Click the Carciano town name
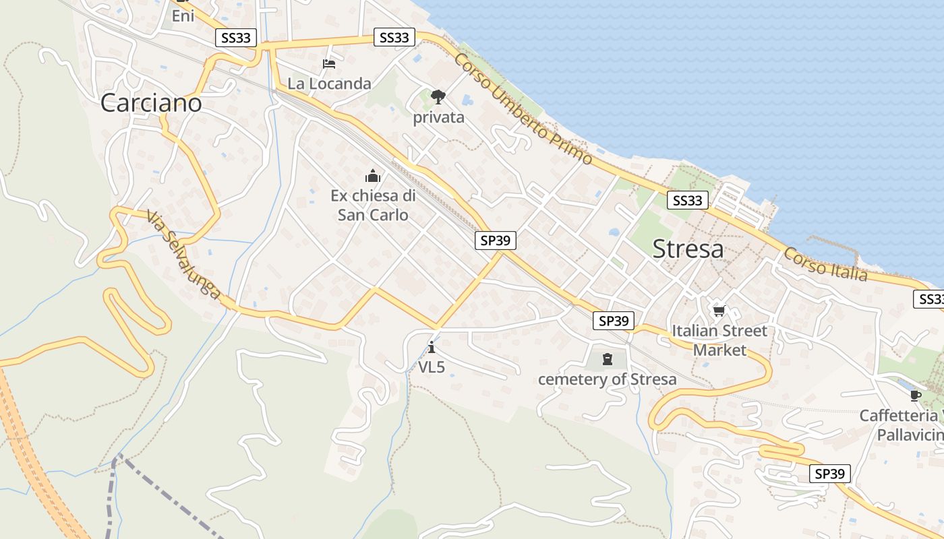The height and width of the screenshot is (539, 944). point(151,103)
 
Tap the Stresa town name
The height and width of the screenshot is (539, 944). point(688,249)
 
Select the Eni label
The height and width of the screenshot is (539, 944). point(183,15)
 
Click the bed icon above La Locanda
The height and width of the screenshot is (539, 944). point(329,64)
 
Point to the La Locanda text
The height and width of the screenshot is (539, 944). point(329,84)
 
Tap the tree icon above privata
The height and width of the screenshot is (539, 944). point(438,97)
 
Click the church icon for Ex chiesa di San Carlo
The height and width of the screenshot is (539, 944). point(373,177)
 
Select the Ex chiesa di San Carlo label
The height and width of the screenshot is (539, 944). point(373,205)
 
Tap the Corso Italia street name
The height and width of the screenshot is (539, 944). point(825,264)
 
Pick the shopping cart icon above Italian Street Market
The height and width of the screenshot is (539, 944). point(719,311)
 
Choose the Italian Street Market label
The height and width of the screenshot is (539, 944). point(719,340)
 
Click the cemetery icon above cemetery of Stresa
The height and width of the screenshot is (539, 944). point(607,359)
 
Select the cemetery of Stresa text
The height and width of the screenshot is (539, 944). point(607,379)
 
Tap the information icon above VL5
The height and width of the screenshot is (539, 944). point(432,348)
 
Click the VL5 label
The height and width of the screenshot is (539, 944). point(432,367)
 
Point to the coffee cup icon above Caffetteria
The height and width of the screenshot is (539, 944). point(915,395)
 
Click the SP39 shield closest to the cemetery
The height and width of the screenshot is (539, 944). point(614,321)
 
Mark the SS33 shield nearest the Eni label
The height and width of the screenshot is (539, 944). point(236,38)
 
